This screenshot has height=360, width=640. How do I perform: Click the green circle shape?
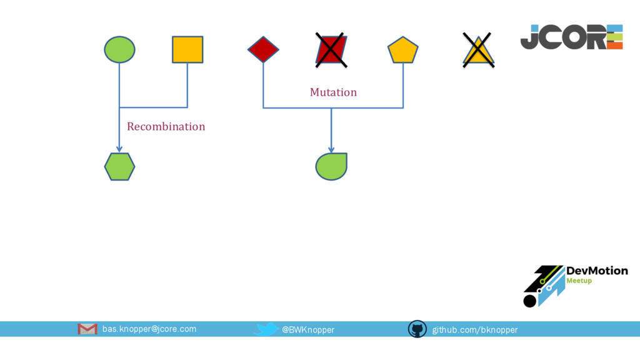pos(119,49)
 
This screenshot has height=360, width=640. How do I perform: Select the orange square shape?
pos(187,49)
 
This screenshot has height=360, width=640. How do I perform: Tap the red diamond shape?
pos(263,49)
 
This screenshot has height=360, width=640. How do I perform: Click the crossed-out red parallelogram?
pos(331,50)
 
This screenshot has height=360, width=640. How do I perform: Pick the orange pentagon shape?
pos(402,50)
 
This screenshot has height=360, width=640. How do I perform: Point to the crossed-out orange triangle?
pos(478,51)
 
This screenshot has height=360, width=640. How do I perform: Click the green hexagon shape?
pos(119,166)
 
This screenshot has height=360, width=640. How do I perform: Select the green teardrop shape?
pos(331,166)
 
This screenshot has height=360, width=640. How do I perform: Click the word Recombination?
pos(166,126)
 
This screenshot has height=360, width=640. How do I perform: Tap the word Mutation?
pos(333,92)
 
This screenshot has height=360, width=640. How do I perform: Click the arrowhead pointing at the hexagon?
pos(119,149)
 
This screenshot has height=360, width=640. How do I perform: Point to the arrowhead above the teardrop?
pos(331,149)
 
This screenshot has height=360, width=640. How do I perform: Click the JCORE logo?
pos(571,37)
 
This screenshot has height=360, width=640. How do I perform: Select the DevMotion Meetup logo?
pos(574,285)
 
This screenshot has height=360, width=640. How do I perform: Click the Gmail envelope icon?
pos(87,329)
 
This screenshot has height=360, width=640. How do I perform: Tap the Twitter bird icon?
pos(267,329)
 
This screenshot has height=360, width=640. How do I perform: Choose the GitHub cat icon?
pos(417,329)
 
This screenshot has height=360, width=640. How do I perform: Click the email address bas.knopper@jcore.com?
pos(149,329)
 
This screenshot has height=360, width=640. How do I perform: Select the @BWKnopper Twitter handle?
pos(308,329)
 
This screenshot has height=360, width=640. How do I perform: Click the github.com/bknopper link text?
pos(475,329)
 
